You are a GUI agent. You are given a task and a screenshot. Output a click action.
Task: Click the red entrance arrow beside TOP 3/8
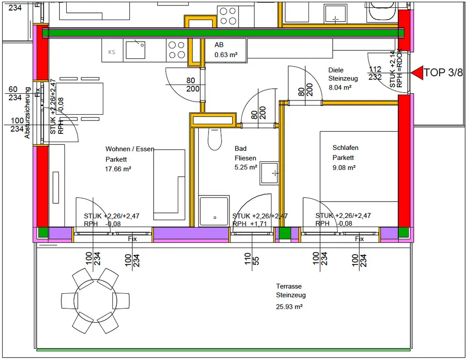pyautogui.click(x=417, y=72)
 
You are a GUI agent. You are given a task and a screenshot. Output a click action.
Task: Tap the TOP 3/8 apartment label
pyautogui.click(x=443, y=72)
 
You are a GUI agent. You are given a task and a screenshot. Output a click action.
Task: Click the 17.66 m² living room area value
pyautogui.click(x=118, y=169)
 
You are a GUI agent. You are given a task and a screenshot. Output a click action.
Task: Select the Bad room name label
pyautogui.click(x=240, y=148)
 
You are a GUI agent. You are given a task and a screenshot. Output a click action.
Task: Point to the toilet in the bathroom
pyautogui.click(x=214, y=139)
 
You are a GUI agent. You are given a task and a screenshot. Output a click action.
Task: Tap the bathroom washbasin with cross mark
pyautogui.click(x=269, y=173)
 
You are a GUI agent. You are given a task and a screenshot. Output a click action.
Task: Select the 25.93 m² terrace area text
pyautogui.click(x=289, y=307)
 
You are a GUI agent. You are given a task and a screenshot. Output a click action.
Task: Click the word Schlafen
pyautogui.click(x=346, y=148)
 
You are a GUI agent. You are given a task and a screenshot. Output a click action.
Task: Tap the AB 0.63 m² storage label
pyautogui.click(x=226, y=50)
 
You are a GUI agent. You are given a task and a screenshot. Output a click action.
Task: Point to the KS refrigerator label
pyautogui.click(x=112, y=52)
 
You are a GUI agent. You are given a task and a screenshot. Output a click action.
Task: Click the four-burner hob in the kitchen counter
pyautogui.click(x=176, y=49)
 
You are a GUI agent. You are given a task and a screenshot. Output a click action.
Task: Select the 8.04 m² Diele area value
pyautogui.click(x=340, y=87)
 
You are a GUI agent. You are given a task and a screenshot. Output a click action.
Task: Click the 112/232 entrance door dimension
pyautogui.click(x=375, y=73)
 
